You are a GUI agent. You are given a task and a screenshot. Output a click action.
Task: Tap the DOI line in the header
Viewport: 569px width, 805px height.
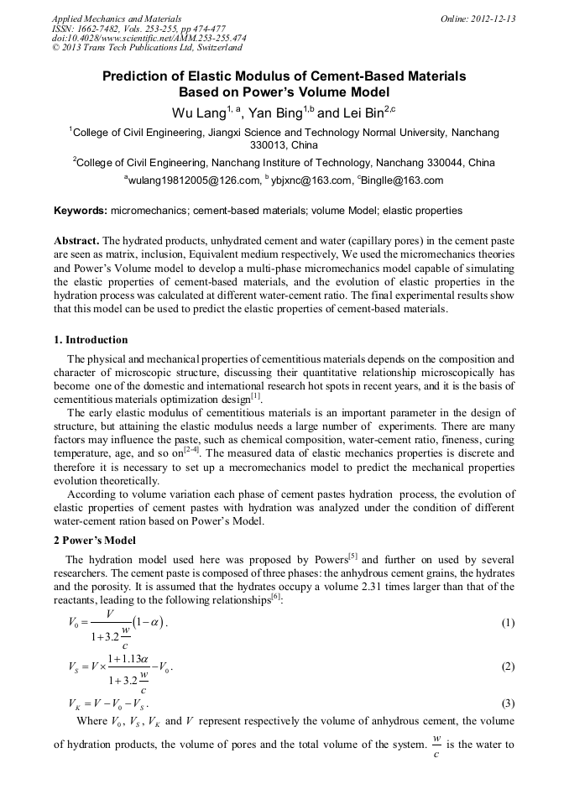tap(149, 39)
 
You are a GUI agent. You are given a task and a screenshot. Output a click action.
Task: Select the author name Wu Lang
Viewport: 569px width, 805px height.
tap(197, 111)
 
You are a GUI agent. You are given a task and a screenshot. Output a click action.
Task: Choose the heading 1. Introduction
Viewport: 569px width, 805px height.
tap(91, 340)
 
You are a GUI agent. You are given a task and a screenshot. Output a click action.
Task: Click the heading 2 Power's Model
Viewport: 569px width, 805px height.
tap(93, 541)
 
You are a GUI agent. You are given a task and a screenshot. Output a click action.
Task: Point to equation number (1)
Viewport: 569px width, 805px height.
tap(507, 623)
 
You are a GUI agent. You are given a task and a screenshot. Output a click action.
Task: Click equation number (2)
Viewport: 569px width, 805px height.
tap(507, 666)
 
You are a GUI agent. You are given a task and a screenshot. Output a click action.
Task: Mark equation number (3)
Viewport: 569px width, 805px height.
tap(507, 702)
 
